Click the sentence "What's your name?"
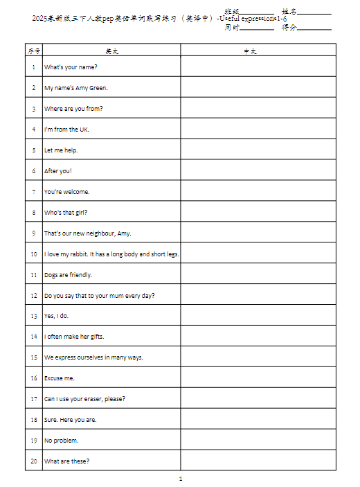(x=71, y=67)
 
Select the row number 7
(x=33, y=192)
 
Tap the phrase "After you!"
(x=58, y=171)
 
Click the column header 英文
(x=111, y=51)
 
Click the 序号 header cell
(x=33, y=51)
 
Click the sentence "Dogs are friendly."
(x=68, y=275)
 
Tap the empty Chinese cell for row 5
(x=258, y=150)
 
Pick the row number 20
(x=33, y=461)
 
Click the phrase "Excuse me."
(x=60, y=378)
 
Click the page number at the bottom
(x=180, y=479)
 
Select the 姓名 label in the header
(x=289, y=12)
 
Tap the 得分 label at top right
(x=289, y=28)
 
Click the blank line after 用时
(x=258, y=28)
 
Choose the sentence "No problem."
(x=62, y=441)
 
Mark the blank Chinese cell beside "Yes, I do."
(x=258, y=316)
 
